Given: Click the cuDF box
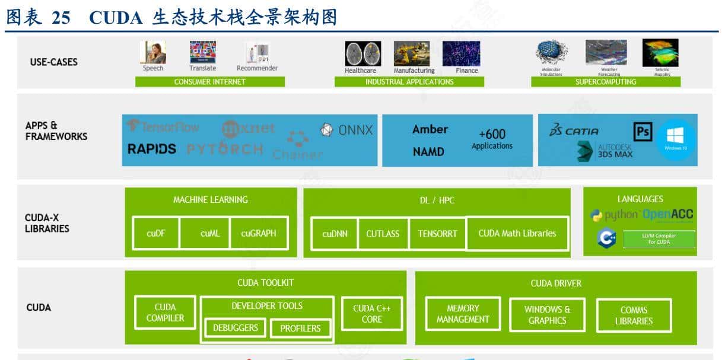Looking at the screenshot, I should pyautogui.click(x=156, y=233).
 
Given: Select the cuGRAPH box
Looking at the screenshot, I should pyautogui.click(x=259, y=233).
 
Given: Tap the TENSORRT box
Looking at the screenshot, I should pyautogui.click(x=437, y=234).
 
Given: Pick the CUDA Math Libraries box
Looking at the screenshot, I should pyautogui.click(x=517, y=233).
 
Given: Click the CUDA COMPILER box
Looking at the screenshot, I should pyautogui.click(x=165, y=313).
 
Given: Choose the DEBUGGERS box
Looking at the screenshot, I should pyautogui.click(x=236, y=328).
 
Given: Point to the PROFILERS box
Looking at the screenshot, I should pyautogui.click(x=300, y=328).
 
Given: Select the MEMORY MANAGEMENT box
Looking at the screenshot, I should pyautogui.click(x=463, y=314).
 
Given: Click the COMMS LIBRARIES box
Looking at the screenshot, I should pyautogui.click(x=634, y=316).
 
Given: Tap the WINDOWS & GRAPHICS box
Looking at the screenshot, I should pyautogui.click(x=547, y=315).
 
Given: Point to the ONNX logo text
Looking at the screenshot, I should pyautogui.click(x=347, y=130).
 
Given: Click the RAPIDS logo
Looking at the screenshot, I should pyautogui.click(x=152, y=149).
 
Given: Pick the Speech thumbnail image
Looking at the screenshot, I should pyautogui.click(x=152, y=52).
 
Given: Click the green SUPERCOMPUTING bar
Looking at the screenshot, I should pyautogui.click(x=605, y=82).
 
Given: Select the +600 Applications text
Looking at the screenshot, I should pyautogui.click(x=492, y=139).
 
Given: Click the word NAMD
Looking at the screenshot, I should pyautogui.click(x=428, y=152).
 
